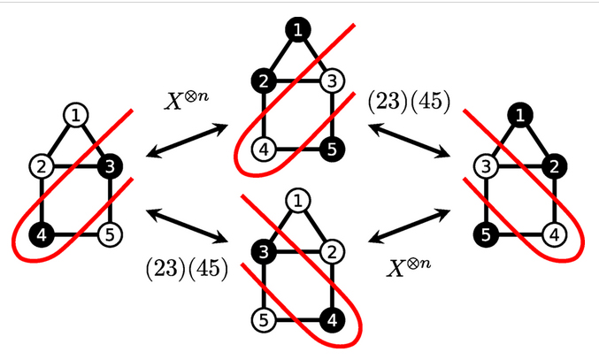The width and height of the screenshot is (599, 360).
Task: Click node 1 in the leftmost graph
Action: (77, 115)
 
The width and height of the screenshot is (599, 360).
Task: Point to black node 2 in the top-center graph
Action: (263, 82)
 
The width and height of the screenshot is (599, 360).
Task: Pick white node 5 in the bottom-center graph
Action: (263, 318)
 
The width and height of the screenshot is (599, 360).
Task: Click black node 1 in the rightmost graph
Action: (521, 115)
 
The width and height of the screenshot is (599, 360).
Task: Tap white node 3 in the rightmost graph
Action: (485, 165)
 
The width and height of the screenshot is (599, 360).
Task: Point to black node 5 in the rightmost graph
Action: (485, 235)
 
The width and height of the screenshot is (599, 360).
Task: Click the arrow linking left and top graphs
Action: (187, 142)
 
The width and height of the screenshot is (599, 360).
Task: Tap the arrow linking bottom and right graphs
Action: (411, 225)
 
